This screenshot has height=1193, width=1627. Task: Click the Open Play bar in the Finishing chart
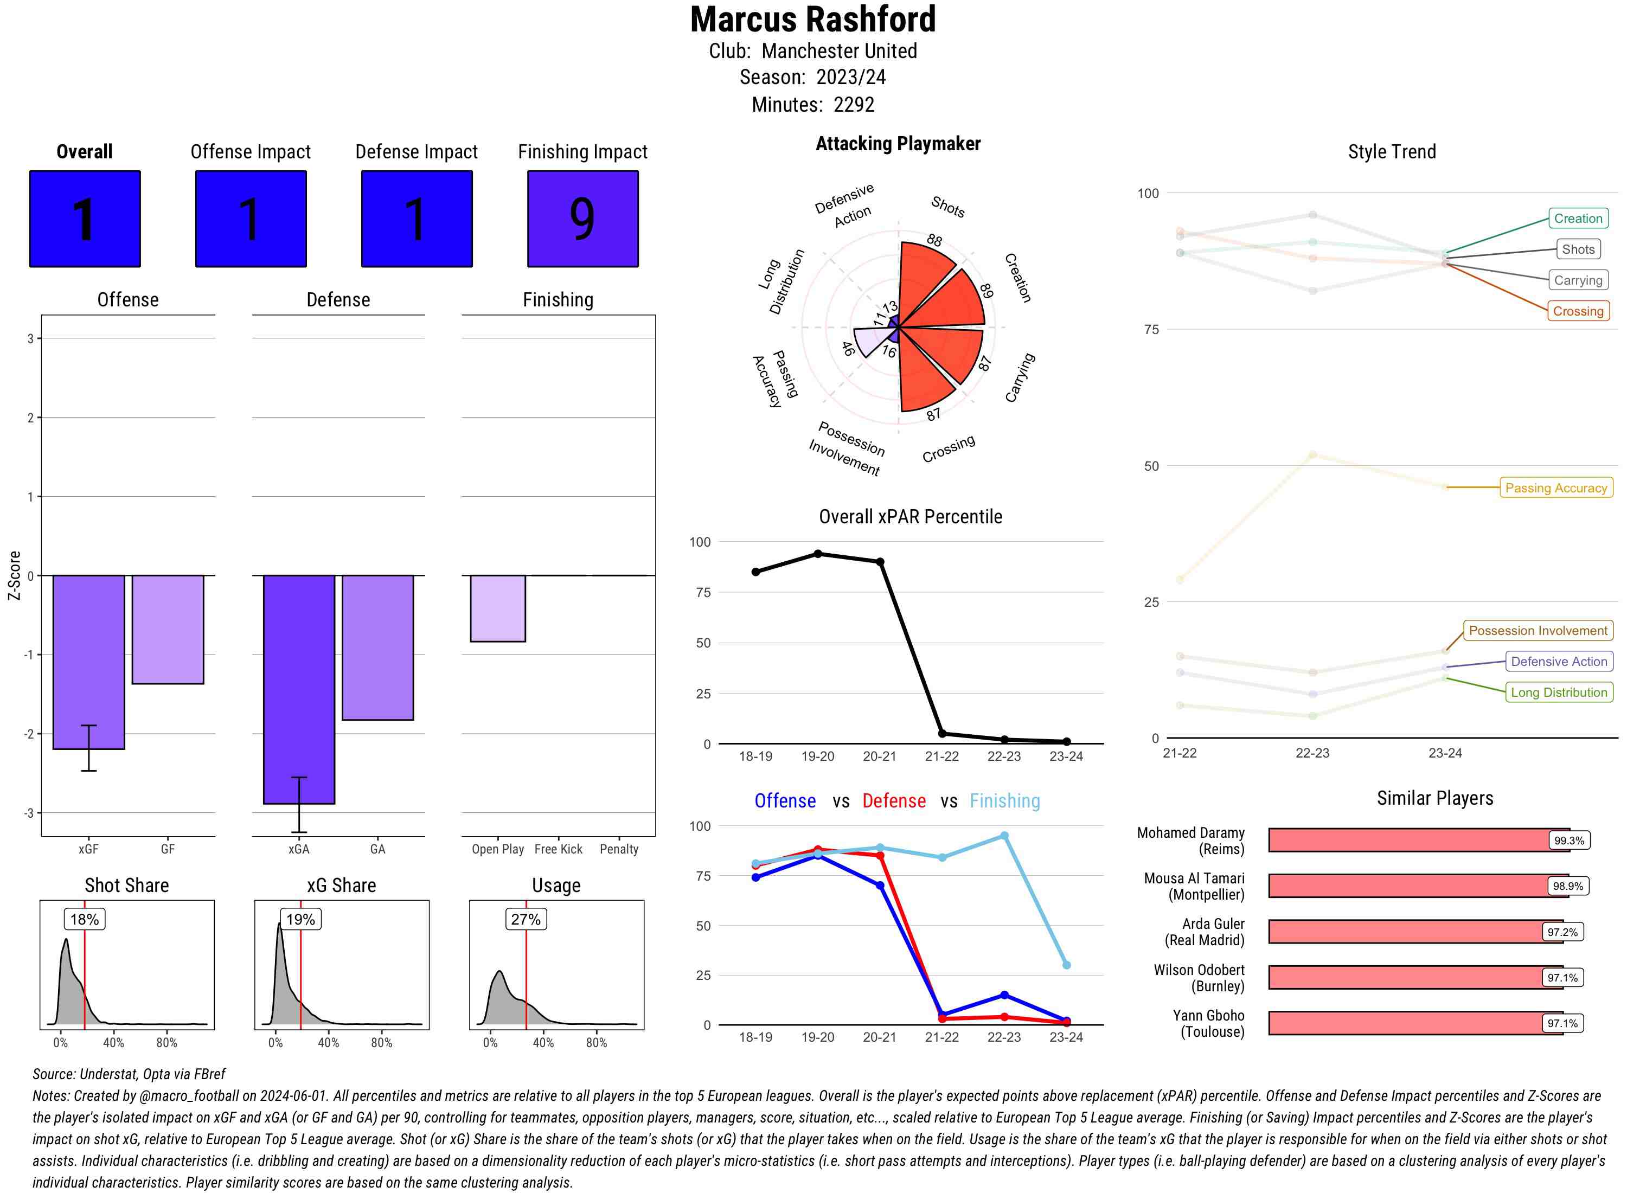pyautogui.click(x=497, y=608)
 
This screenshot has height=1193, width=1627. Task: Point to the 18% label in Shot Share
pyautogui.click(x=85, y=919)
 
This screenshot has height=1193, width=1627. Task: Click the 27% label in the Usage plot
pyautogui.click(x=526, y=919)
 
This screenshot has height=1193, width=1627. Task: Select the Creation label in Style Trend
pyautogui.click(x=1577, y=218)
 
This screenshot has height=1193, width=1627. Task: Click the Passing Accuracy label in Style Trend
pyautogui.click(x=1555, y=488)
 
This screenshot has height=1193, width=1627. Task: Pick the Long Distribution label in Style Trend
pyautogui.click(x=1559, y=692)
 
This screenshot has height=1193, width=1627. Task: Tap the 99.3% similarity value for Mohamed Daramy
pyautogui.click(x=1568, y=841)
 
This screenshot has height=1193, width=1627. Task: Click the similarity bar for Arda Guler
pyautogui.click(x=1405, y=932)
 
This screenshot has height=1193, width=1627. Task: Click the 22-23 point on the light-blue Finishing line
pyautogui.click(x=1004, y=836)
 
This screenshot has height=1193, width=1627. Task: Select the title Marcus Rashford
pyautogui.click(x=812, y=20)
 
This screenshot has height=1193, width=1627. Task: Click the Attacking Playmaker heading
pyautogui.click(x=898, y=144)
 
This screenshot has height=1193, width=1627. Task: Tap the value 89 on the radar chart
pyautogui.click(x=987, y=290)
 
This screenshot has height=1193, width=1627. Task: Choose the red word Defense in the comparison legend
pyautogui.click(x=893, y=801)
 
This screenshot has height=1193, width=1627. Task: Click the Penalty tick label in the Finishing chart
pyautogui.click(x=619, y=849)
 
